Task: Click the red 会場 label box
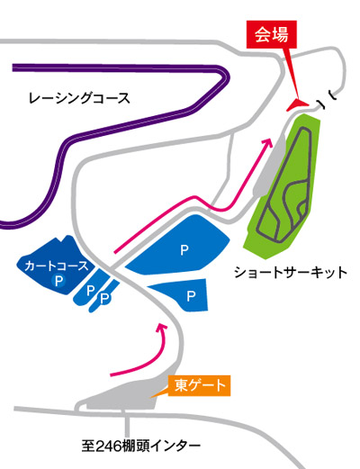click(272, 34)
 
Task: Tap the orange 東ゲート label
click(200, 385)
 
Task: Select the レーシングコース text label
click(79, 98)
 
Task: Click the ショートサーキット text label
click(291, 273)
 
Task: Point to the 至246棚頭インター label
click(141, 446)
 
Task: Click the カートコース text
click(57, 266)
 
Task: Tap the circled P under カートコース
click(58, 281)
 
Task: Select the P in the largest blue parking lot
click(184, 250)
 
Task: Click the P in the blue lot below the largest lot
click(191, 296)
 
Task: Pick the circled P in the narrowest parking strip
click(104, 299)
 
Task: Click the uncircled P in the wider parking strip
click(91, 291)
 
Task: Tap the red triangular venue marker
click(297, 104)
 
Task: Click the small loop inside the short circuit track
click(302, 208)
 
